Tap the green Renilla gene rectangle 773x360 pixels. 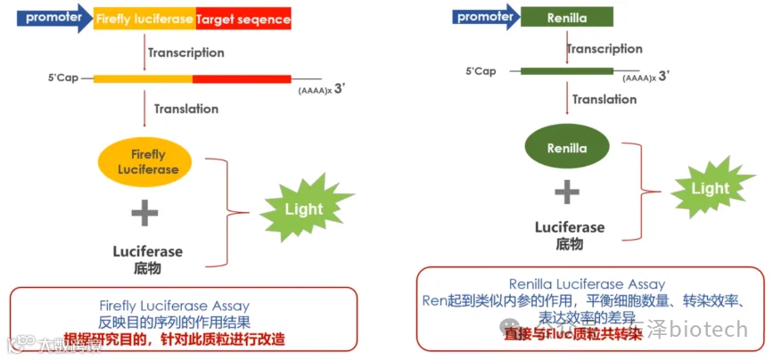point(566,16)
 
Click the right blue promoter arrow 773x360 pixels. point(486,16)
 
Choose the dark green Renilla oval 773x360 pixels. point(566,148)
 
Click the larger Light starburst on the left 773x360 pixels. point(304,209)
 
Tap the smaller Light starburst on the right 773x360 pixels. point(710,188)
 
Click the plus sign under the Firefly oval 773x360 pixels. point(144,212)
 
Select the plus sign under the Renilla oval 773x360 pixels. point(567,191)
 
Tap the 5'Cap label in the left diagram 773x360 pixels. point(64,78)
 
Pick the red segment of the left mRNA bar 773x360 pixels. point(242,78)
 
